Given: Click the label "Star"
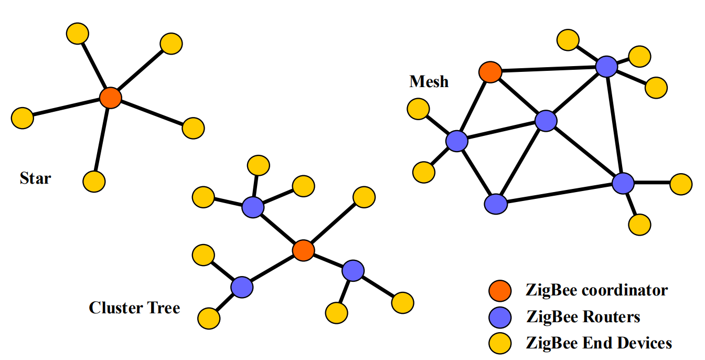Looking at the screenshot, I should (36, 178).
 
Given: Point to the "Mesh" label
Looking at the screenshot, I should (429, 81).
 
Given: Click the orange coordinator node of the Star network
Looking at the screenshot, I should (110, 98).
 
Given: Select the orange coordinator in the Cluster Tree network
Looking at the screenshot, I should (303, 250).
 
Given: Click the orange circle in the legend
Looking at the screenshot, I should (499, 290).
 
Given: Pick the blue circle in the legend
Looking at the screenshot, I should (499, 317).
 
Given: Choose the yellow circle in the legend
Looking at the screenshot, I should (499, 343).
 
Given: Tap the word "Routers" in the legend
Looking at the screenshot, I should (612, 317).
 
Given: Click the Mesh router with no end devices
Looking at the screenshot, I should (496, 204).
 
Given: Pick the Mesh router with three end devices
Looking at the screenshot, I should (606, 66).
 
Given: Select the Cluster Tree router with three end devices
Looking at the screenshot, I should (253, 207).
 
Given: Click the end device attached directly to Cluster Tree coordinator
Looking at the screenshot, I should (364, 197).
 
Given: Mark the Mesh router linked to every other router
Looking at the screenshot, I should (546, 121).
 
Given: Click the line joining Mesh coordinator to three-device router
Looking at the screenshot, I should (548, 69).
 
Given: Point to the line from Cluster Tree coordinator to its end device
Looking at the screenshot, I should (334, 224).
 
